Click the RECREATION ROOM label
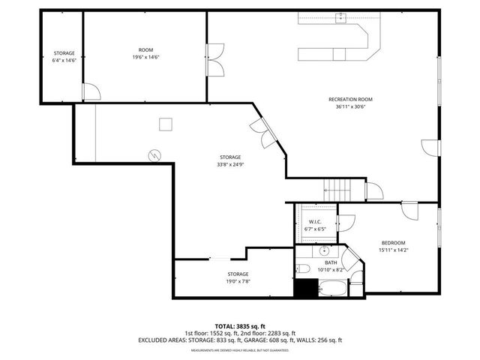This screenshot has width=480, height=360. click(x=350, y=99)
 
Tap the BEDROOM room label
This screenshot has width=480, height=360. click(x=393, y=243)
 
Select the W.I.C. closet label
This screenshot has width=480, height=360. click(x=315, y=222)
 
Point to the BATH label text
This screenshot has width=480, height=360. click(x=331, y=263)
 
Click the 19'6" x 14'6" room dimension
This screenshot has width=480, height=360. click(x=145, y=57)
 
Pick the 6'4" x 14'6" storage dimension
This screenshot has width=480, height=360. click(x=64, y=61)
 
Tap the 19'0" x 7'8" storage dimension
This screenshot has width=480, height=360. click(x=238, y=281)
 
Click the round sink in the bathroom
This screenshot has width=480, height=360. click(x=324, y=250)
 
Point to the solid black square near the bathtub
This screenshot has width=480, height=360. click(x=304, y=289)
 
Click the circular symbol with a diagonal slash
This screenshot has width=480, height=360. click(x=154, y=154)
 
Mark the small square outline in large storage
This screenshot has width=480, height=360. click(x=166, y=124)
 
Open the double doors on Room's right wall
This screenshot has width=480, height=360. click(x=214, y=59)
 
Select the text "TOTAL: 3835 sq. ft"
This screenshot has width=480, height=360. click(x=239, y=325)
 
